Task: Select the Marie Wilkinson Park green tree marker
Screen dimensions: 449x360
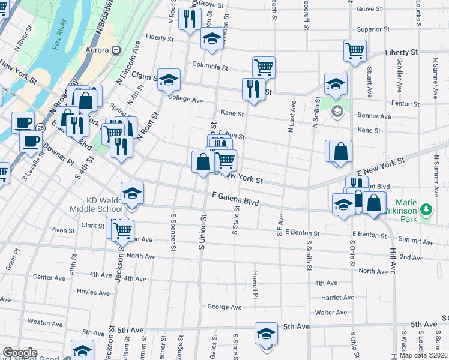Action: [427, 210]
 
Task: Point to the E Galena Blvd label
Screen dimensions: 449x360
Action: [235, 199]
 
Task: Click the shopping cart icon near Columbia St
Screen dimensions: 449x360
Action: [264, 67]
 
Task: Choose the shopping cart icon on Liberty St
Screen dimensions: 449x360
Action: [355, 50]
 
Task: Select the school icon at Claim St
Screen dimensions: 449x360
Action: [169, 80]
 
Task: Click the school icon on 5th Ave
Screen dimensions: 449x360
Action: [266, 334]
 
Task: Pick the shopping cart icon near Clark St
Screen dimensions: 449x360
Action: [122, 229]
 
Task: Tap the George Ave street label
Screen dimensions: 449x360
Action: [224, 307]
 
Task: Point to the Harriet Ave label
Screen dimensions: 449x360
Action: [337, 298]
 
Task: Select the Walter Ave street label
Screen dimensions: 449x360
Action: [331, 313]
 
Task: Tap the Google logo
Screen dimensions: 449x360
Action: [20, 353]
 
